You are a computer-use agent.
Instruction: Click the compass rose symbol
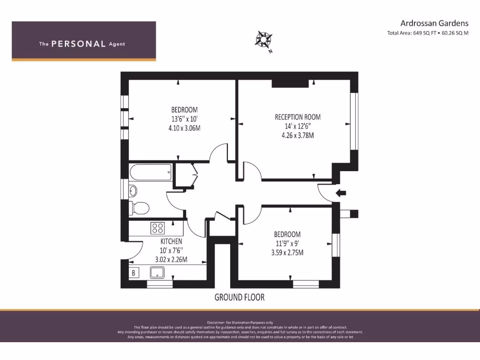tap(263, 40)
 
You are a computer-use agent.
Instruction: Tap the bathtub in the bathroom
tap(150, 172)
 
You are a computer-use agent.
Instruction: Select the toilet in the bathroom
tap(139, 208)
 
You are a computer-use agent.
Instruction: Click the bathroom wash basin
tap(133, 191)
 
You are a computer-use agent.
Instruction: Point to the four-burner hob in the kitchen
tap(157, 228)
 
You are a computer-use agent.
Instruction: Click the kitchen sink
tap(157, 272)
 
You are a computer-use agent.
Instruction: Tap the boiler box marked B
tap(134, 272)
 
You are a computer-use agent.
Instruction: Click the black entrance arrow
tap(341, 193)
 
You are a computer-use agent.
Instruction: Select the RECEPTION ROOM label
tap(298, 117)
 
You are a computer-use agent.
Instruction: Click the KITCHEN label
tap(171, 241)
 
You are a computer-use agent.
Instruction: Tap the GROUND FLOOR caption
tap(240, 297)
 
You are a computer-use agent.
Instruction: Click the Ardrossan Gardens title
tap(435, 23)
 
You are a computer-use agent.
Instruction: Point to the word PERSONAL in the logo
tap(78, 44)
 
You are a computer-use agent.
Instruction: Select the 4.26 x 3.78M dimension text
tap(298, 135)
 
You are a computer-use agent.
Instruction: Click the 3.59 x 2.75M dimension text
tap(287, 253)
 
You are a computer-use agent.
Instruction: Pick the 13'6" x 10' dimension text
tap(184, 119)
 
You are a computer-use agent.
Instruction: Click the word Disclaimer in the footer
tap(216, 322)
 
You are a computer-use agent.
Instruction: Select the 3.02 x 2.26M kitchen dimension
tap(171, 260)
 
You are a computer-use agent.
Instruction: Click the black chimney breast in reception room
tap(290, 83)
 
